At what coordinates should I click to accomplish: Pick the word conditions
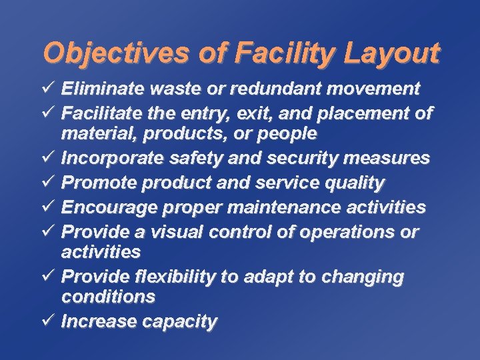(x=108, y=296)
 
